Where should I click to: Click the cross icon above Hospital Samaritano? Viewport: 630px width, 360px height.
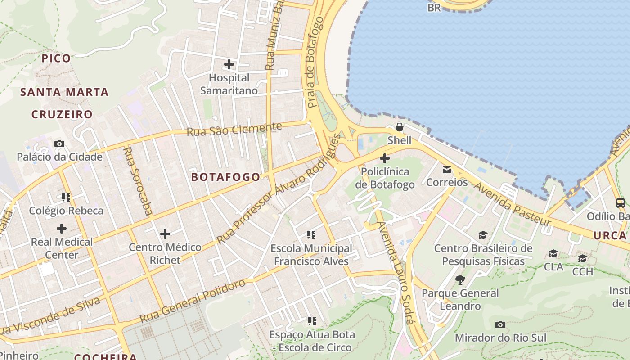[x=229, y=64]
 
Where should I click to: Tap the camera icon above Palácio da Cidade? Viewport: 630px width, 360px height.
[x=59, y=144]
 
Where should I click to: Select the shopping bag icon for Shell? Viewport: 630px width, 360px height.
[x=399, y=127]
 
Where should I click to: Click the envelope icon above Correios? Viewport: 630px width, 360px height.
[x=447, y=169]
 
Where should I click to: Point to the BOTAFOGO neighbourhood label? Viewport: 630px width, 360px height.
[x=225, y=177]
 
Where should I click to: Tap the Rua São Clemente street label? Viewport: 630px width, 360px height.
[x=234, y=130]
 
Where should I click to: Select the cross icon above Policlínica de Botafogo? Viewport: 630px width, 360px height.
[x=385, y=158]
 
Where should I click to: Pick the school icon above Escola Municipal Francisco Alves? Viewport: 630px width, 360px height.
[x=311, y=234]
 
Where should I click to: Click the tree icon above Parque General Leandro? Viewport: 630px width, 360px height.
[x=460, y=279]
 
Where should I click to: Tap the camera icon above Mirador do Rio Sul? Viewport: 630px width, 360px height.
[x=500, y=324]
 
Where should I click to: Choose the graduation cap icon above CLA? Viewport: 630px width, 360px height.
[x=553, y=253]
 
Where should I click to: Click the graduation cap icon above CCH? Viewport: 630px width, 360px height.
[x=582, y=258]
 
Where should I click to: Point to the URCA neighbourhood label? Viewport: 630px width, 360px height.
[x=610, y=235]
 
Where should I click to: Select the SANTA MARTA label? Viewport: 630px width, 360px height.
[x=65, y=92]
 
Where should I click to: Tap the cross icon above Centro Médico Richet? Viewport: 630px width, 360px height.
[x=165, y=234]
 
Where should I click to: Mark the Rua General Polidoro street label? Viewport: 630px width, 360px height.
[x=193, y=301]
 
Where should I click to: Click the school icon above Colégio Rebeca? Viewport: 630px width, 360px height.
[x=66, y=197]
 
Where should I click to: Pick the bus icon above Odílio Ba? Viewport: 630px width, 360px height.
[x=620, y=202]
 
